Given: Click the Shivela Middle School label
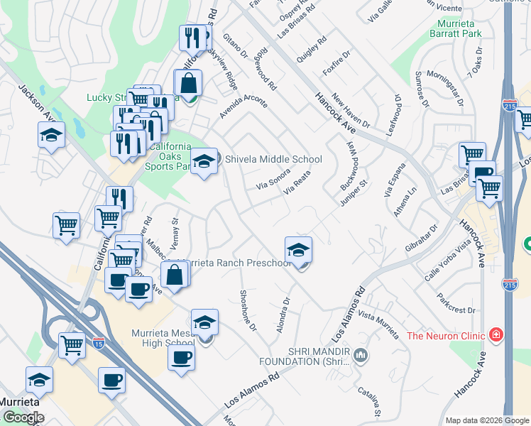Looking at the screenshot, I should [x=273, y=160].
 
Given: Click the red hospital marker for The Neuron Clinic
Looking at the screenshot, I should [x=496, y=334].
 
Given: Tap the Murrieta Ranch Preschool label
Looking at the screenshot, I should [x=237, y=263].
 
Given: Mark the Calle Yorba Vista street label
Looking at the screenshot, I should [x=449, y=260].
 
